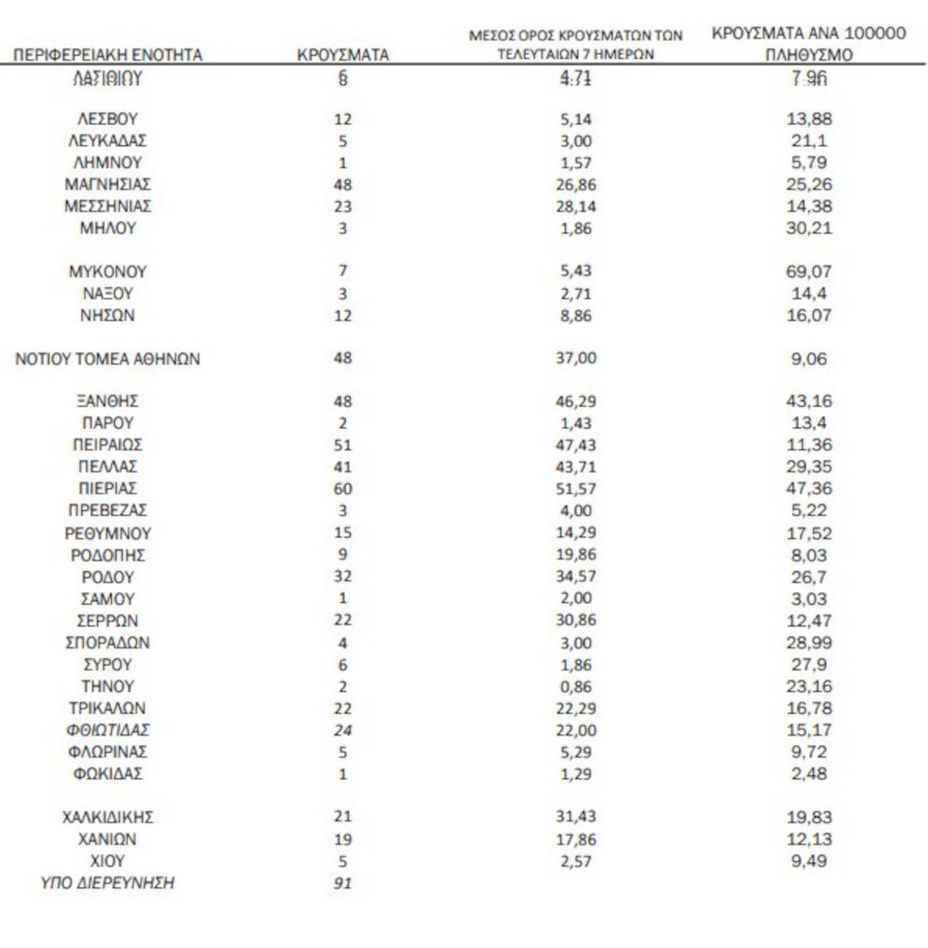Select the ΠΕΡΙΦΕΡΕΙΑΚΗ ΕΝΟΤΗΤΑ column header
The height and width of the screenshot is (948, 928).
click(x=107, y=56)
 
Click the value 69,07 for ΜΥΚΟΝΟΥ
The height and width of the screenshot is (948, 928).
click(x=810, y=272)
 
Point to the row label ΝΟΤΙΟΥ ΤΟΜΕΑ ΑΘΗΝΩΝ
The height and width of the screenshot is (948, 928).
click(x=107, y=359)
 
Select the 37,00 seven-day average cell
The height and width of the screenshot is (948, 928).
click(x=576, y=359)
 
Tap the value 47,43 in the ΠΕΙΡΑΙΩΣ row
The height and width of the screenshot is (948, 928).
click(x=576, y=445)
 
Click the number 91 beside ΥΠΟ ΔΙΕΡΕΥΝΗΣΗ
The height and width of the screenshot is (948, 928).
click(x=341, y=882)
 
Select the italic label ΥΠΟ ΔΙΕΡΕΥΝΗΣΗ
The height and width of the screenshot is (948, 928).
click(x=107, y=882)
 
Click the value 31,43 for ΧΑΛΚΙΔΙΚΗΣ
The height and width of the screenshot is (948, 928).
click(x=576, y=818)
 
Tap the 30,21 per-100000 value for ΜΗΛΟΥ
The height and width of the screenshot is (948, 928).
click(x=810, y=228)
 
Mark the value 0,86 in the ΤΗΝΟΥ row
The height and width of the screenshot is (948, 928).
click(x=576, y=686)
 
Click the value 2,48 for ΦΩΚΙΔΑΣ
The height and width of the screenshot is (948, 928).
click(x=810, y=773)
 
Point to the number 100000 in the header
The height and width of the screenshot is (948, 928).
click(x=867, y=34)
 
